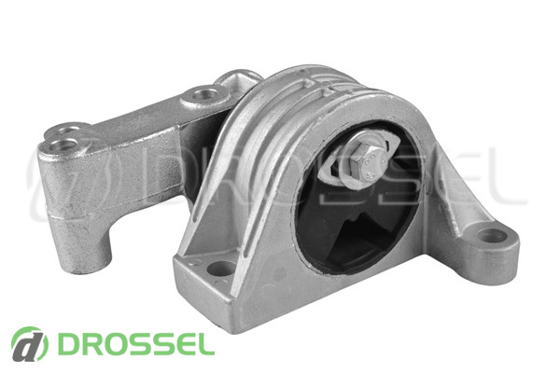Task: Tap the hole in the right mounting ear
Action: pyautogui.click(x=492, y=236)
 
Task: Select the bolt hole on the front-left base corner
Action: pyautogui.click(x=221, y=268)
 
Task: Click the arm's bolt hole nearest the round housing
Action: pyautogui.click(x=204, y=94)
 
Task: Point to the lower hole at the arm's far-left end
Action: pyautogui.click(x=63, y=145)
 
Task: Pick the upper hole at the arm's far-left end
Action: pyautogui.click(x=67, y=129)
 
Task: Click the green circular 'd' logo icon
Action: pyautogui.click(x=29, y=344)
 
